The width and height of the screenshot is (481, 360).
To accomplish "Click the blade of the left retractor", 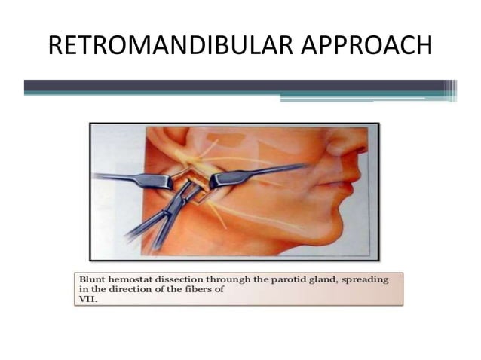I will pos(155,180).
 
